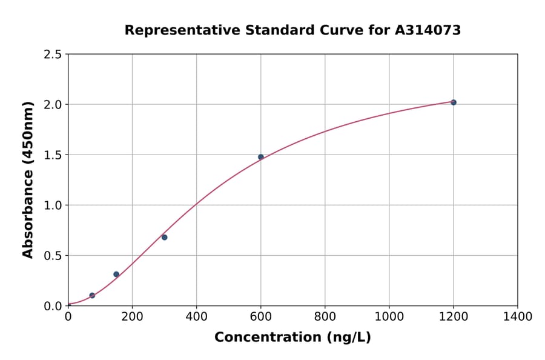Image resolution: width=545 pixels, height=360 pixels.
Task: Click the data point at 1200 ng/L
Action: pos(454,102)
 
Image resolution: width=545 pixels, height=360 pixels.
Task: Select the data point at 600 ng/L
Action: pos(261,157)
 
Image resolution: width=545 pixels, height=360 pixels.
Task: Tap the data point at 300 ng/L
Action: pos(165,237)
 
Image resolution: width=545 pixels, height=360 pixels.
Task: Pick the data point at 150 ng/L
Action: pos(116,275)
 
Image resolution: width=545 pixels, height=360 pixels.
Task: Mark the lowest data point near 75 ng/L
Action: pos(92,296)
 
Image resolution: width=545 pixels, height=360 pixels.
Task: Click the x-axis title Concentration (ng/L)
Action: pos(292,338)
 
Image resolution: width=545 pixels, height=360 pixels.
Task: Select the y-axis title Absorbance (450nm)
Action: pos(28,179)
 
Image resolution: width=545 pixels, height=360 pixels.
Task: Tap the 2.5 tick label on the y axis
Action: pos(53,55)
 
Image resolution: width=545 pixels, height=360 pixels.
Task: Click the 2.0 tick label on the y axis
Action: pos(53,105)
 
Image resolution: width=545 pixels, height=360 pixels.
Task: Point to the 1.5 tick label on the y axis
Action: pos(53,155)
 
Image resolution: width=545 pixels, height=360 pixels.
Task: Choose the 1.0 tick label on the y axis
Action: pos(53,205)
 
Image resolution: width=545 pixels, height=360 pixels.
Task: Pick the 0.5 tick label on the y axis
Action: pos(53,256)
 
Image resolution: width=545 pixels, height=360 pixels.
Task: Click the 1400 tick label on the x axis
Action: pos(518,317)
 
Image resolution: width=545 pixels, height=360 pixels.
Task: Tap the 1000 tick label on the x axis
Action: pos(389,317)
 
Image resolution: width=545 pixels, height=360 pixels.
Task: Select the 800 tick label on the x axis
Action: pos(325,317)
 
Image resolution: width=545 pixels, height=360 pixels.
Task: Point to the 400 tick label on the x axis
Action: pos(196,317)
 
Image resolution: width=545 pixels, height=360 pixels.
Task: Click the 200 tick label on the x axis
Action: pos(132,317)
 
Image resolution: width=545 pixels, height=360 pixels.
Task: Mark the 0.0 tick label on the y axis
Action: pos(53,306)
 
